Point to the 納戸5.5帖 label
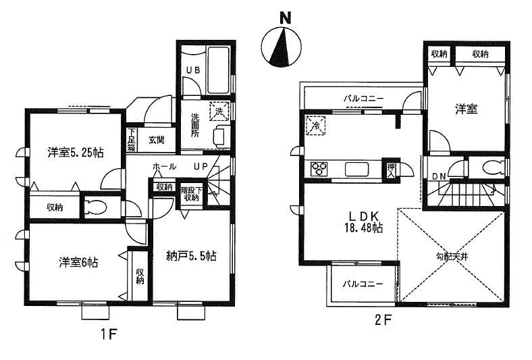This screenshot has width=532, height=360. click(x=191, y=256)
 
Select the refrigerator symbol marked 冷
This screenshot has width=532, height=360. click(x=315, y=124)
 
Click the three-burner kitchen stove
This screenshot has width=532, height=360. click(x=319, y=169)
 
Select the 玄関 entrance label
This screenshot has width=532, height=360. click(x=157, y=140)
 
